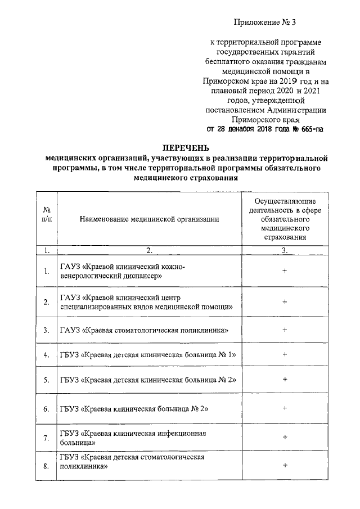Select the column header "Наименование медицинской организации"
click(148, 219)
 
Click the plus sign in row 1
click(285, 271)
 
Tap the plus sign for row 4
click(285, 354)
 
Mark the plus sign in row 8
click(285, 465)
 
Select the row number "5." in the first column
click(47, 380)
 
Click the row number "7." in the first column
click(47, 438)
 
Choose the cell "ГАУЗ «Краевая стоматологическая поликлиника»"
click(144, 330)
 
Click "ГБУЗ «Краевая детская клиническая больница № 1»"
click(147, 355)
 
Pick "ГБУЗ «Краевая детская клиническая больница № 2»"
click(147, 380)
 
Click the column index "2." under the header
click(148, 250)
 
